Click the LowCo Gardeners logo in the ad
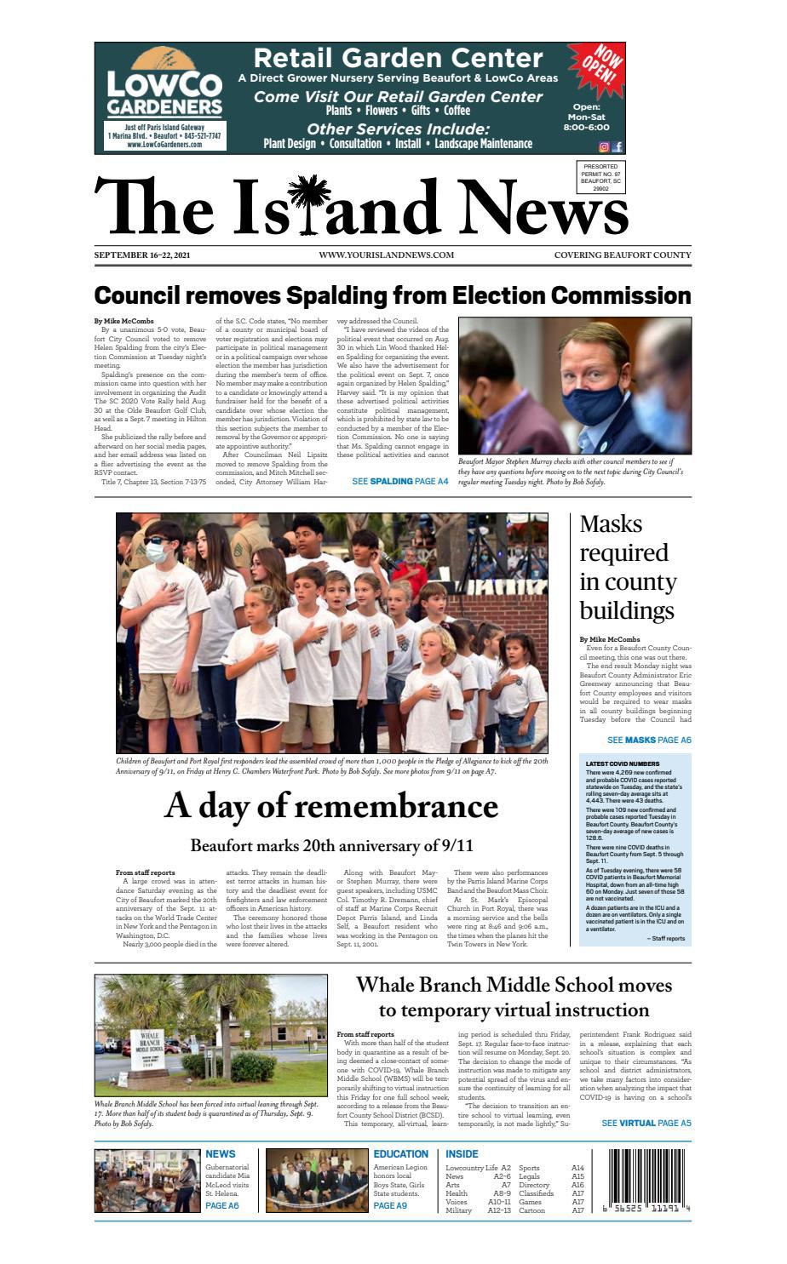164,96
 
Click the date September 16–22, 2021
142,255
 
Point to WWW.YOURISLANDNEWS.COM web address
386,255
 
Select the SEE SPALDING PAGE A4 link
399,482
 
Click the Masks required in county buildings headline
629,568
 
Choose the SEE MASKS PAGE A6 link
648,741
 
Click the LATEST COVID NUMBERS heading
622,764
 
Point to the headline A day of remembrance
331,806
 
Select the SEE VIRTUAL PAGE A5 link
646,1123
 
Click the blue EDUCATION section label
400,1154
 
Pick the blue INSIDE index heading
462,1154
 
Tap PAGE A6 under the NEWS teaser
222,1205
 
